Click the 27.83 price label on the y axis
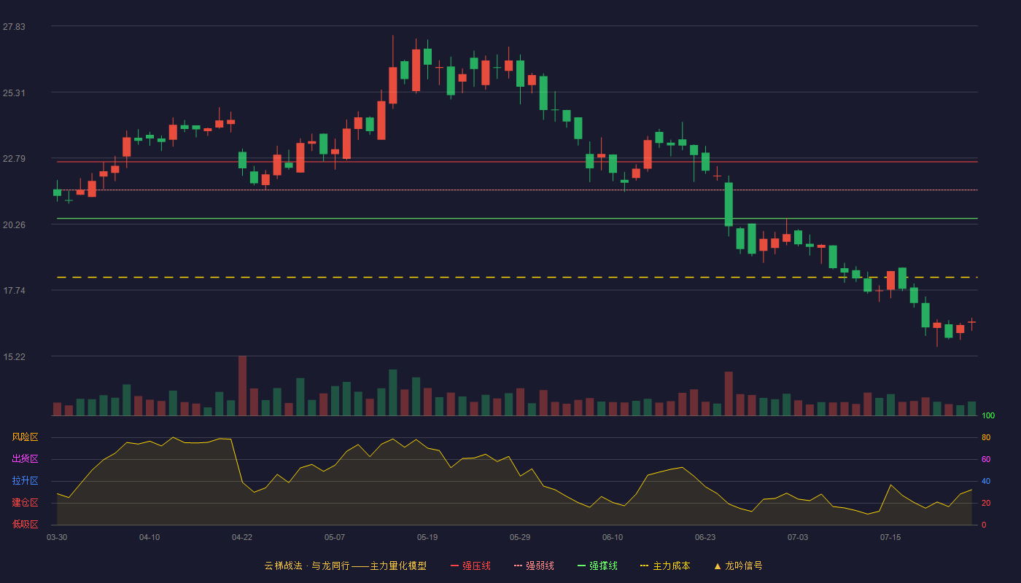click(14, 27)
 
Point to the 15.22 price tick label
click(14, 356)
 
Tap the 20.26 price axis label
click(14, 224)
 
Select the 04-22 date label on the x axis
click(242, 538)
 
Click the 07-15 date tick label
click(890, 538)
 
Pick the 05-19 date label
click(427, 538)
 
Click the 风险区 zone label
click(25, 437)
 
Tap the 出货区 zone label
click(25, 458)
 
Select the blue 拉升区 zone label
click(25, 480)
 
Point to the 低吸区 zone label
click(25, 524)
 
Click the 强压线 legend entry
click(470, 566)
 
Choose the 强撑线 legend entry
click(597, 566)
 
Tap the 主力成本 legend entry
click(665, 566)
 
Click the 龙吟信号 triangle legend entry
click(738, 566)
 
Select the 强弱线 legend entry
click(534, 566)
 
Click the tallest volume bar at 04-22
click(242, 386)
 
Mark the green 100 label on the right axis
click(988, 415)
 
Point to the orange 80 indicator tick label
click(986, 437)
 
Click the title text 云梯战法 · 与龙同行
click(307, 566)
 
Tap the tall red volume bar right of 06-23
click(729, 394)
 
